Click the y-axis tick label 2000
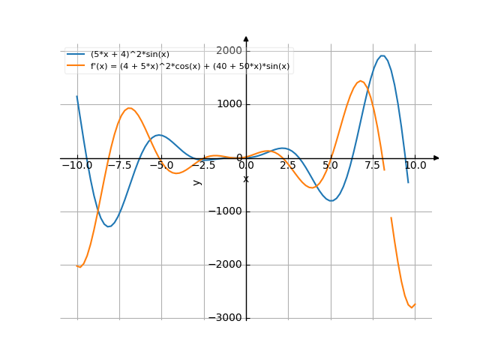point(229,51)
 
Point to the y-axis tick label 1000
point(229,104)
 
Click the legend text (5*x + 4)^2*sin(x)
point(130,55)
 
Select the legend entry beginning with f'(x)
point(190,66)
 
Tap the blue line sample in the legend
point(76,55)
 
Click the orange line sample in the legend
point(76,66)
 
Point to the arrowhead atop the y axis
point(246,38)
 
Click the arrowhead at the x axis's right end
point(436,158)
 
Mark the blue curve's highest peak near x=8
point(383,55)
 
